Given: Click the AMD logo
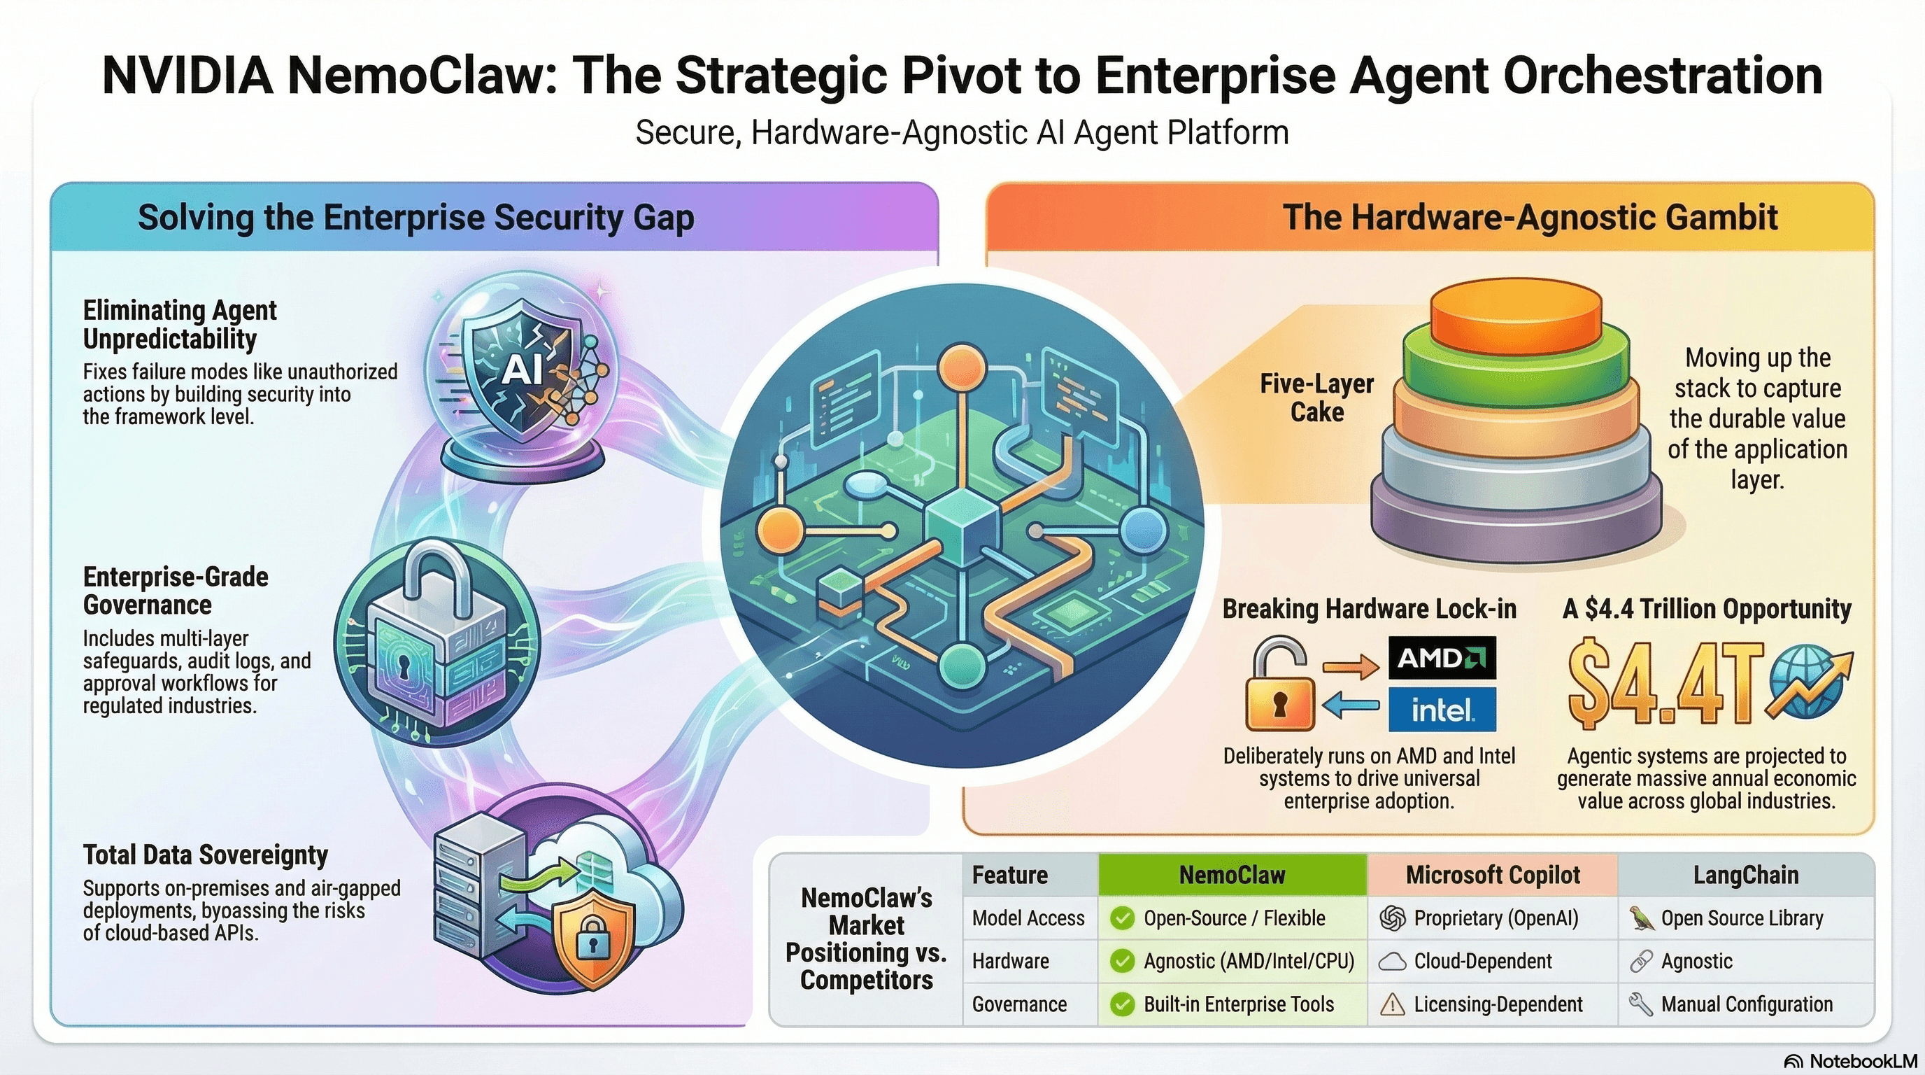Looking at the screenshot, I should tap(1442, 658).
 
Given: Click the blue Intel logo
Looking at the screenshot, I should tap(1442, 709).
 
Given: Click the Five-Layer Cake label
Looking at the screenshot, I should tap(1316, 398).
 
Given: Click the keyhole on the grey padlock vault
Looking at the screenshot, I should tap(404, 666).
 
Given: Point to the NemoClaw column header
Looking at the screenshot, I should tap(1232, 875).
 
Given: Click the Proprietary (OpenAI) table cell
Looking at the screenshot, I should tap(1496, 918).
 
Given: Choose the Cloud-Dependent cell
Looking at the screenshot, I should tap(1483, 962).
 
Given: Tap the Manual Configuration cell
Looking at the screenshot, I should tap(1747, 1004).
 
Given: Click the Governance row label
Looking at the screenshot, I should tap(1019, 1004).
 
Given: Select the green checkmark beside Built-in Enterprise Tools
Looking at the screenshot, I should tap(1123, 1004).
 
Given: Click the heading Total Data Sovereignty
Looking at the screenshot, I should tap(206, 855).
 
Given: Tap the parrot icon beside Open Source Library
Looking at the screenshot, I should tap(1641, 918).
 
